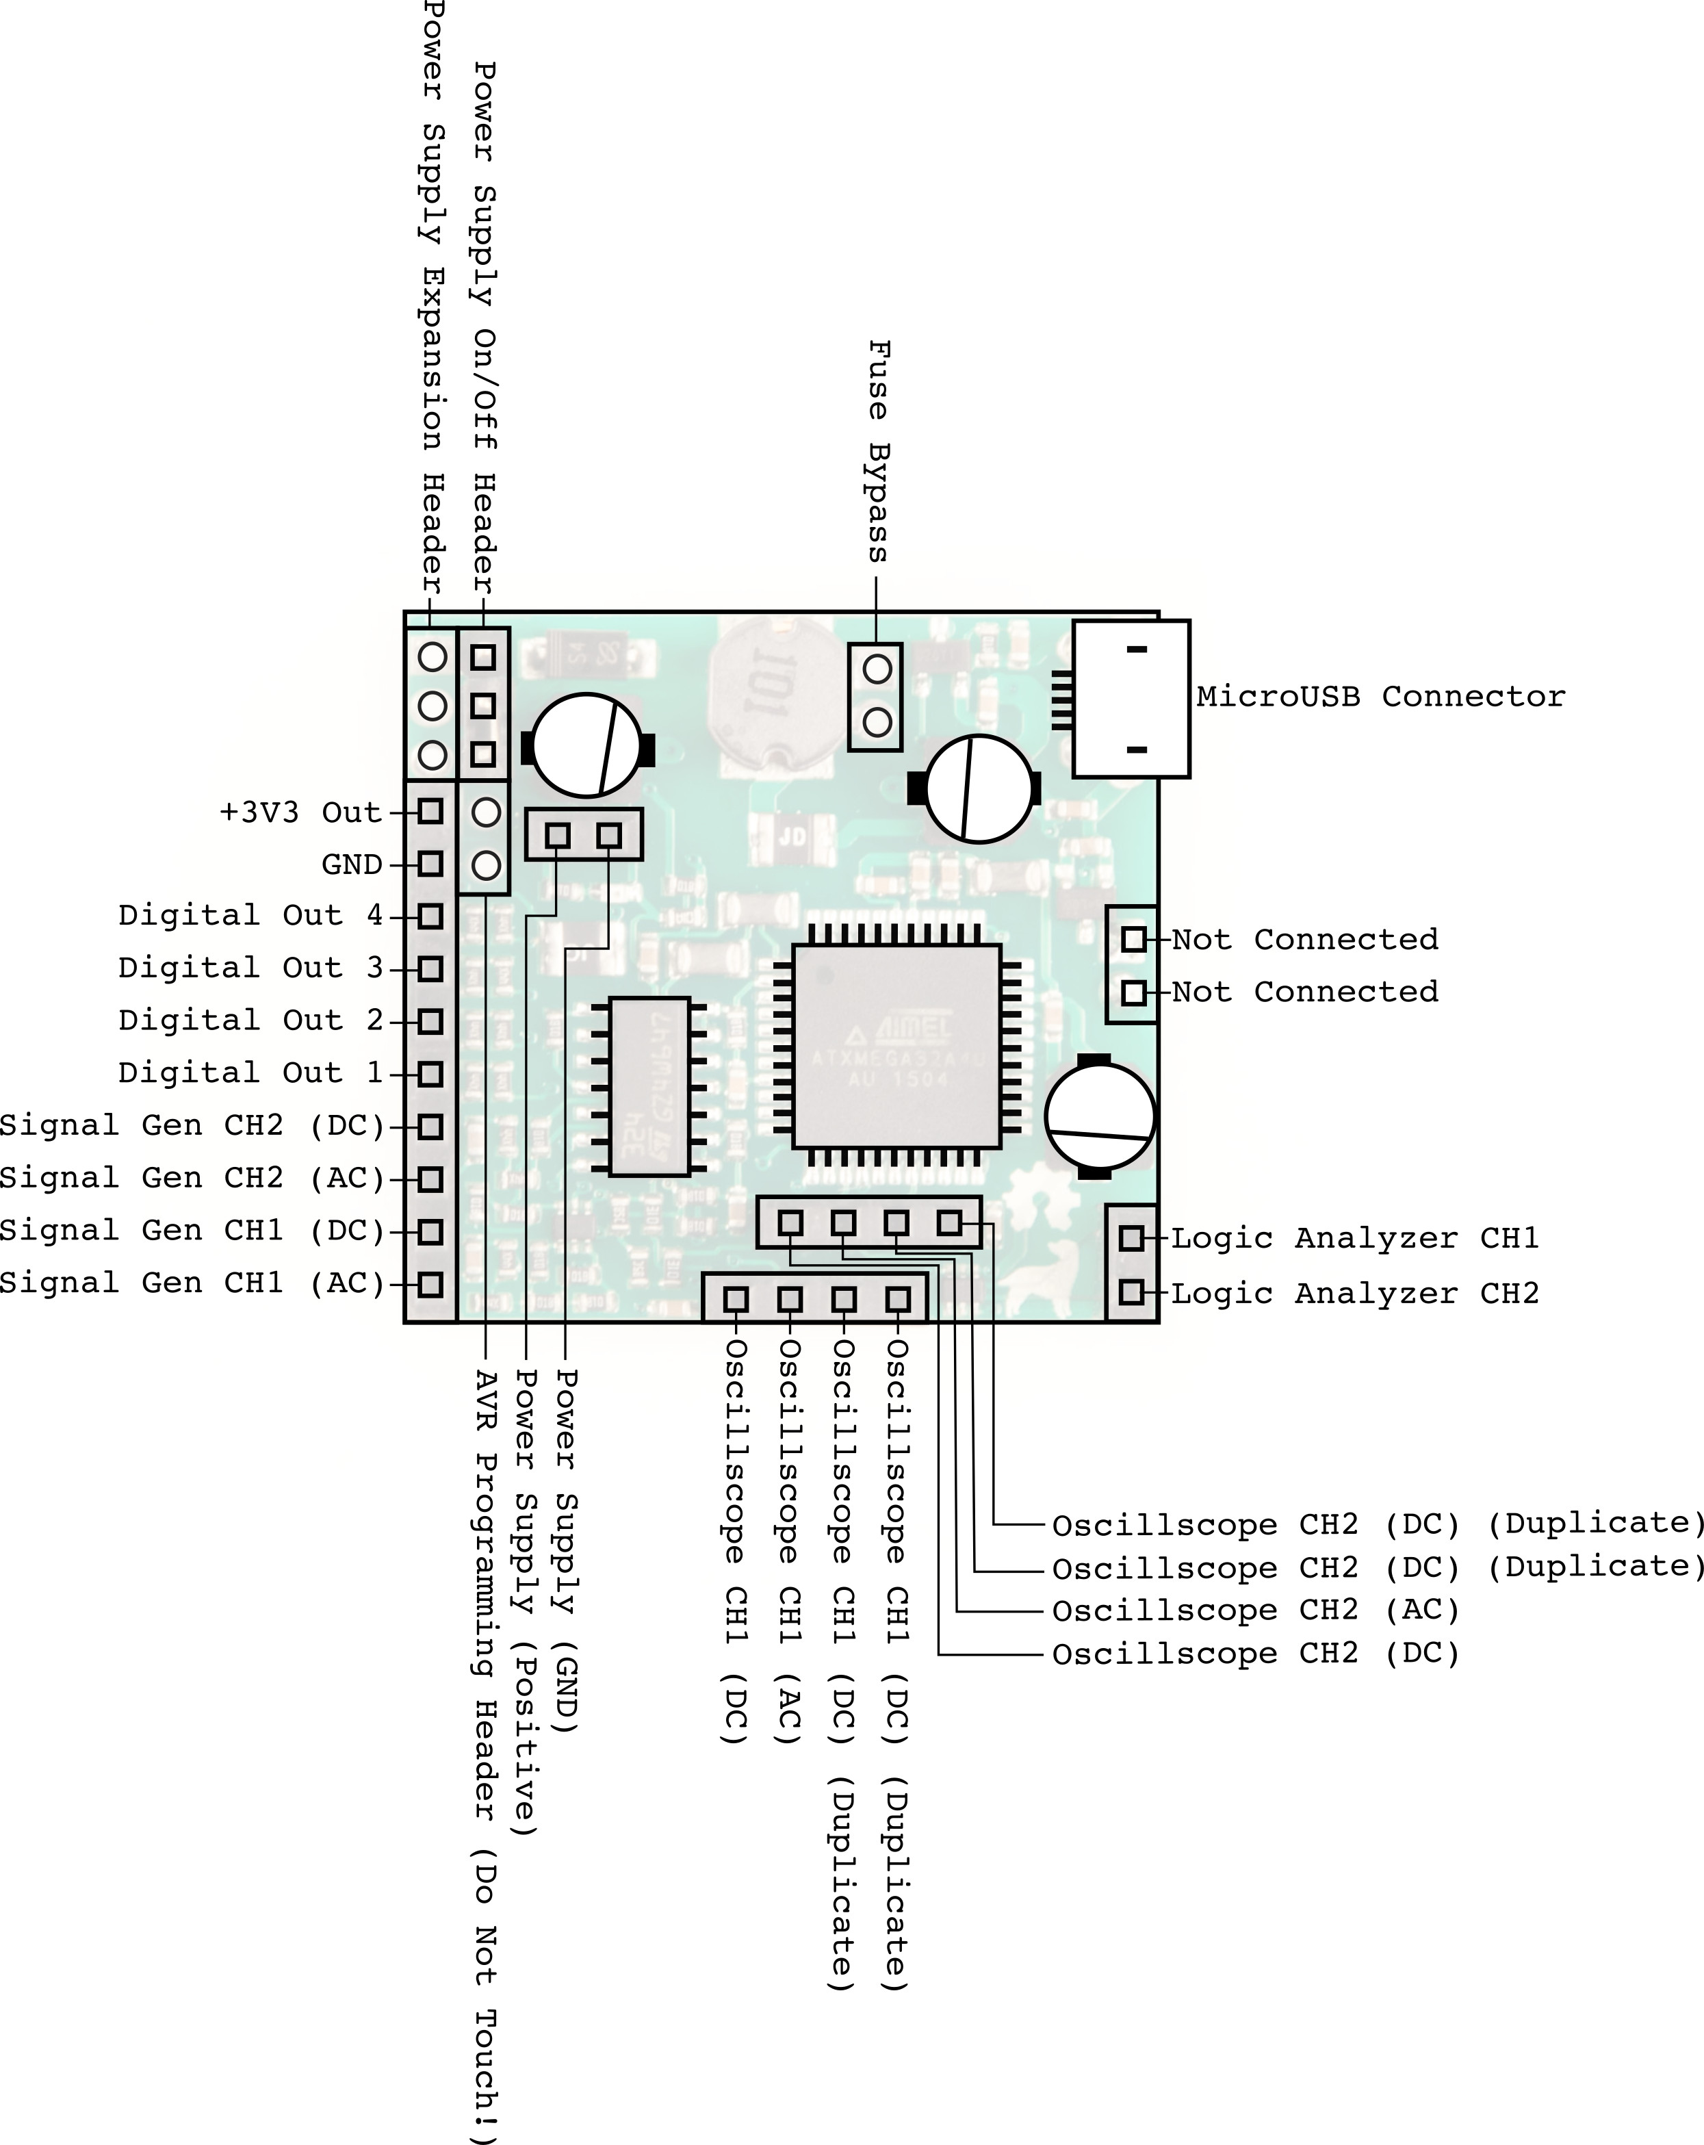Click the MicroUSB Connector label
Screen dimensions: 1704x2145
pos(1380,697)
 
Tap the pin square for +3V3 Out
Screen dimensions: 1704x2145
pos(430,811)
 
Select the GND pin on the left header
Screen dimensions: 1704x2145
pos(430,864)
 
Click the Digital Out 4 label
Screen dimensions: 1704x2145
pos(250,915)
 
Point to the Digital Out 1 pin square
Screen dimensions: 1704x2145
pos(430,1073)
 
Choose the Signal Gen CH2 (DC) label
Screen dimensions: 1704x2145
pos(192,1126)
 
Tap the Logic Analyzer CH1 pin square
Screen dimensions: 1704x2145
pos(1131,1237)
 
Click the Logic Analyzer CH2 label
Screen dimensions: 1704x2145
pos(1355,1294)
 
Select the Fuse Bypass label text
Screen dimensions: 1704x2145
pos(877,450)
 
